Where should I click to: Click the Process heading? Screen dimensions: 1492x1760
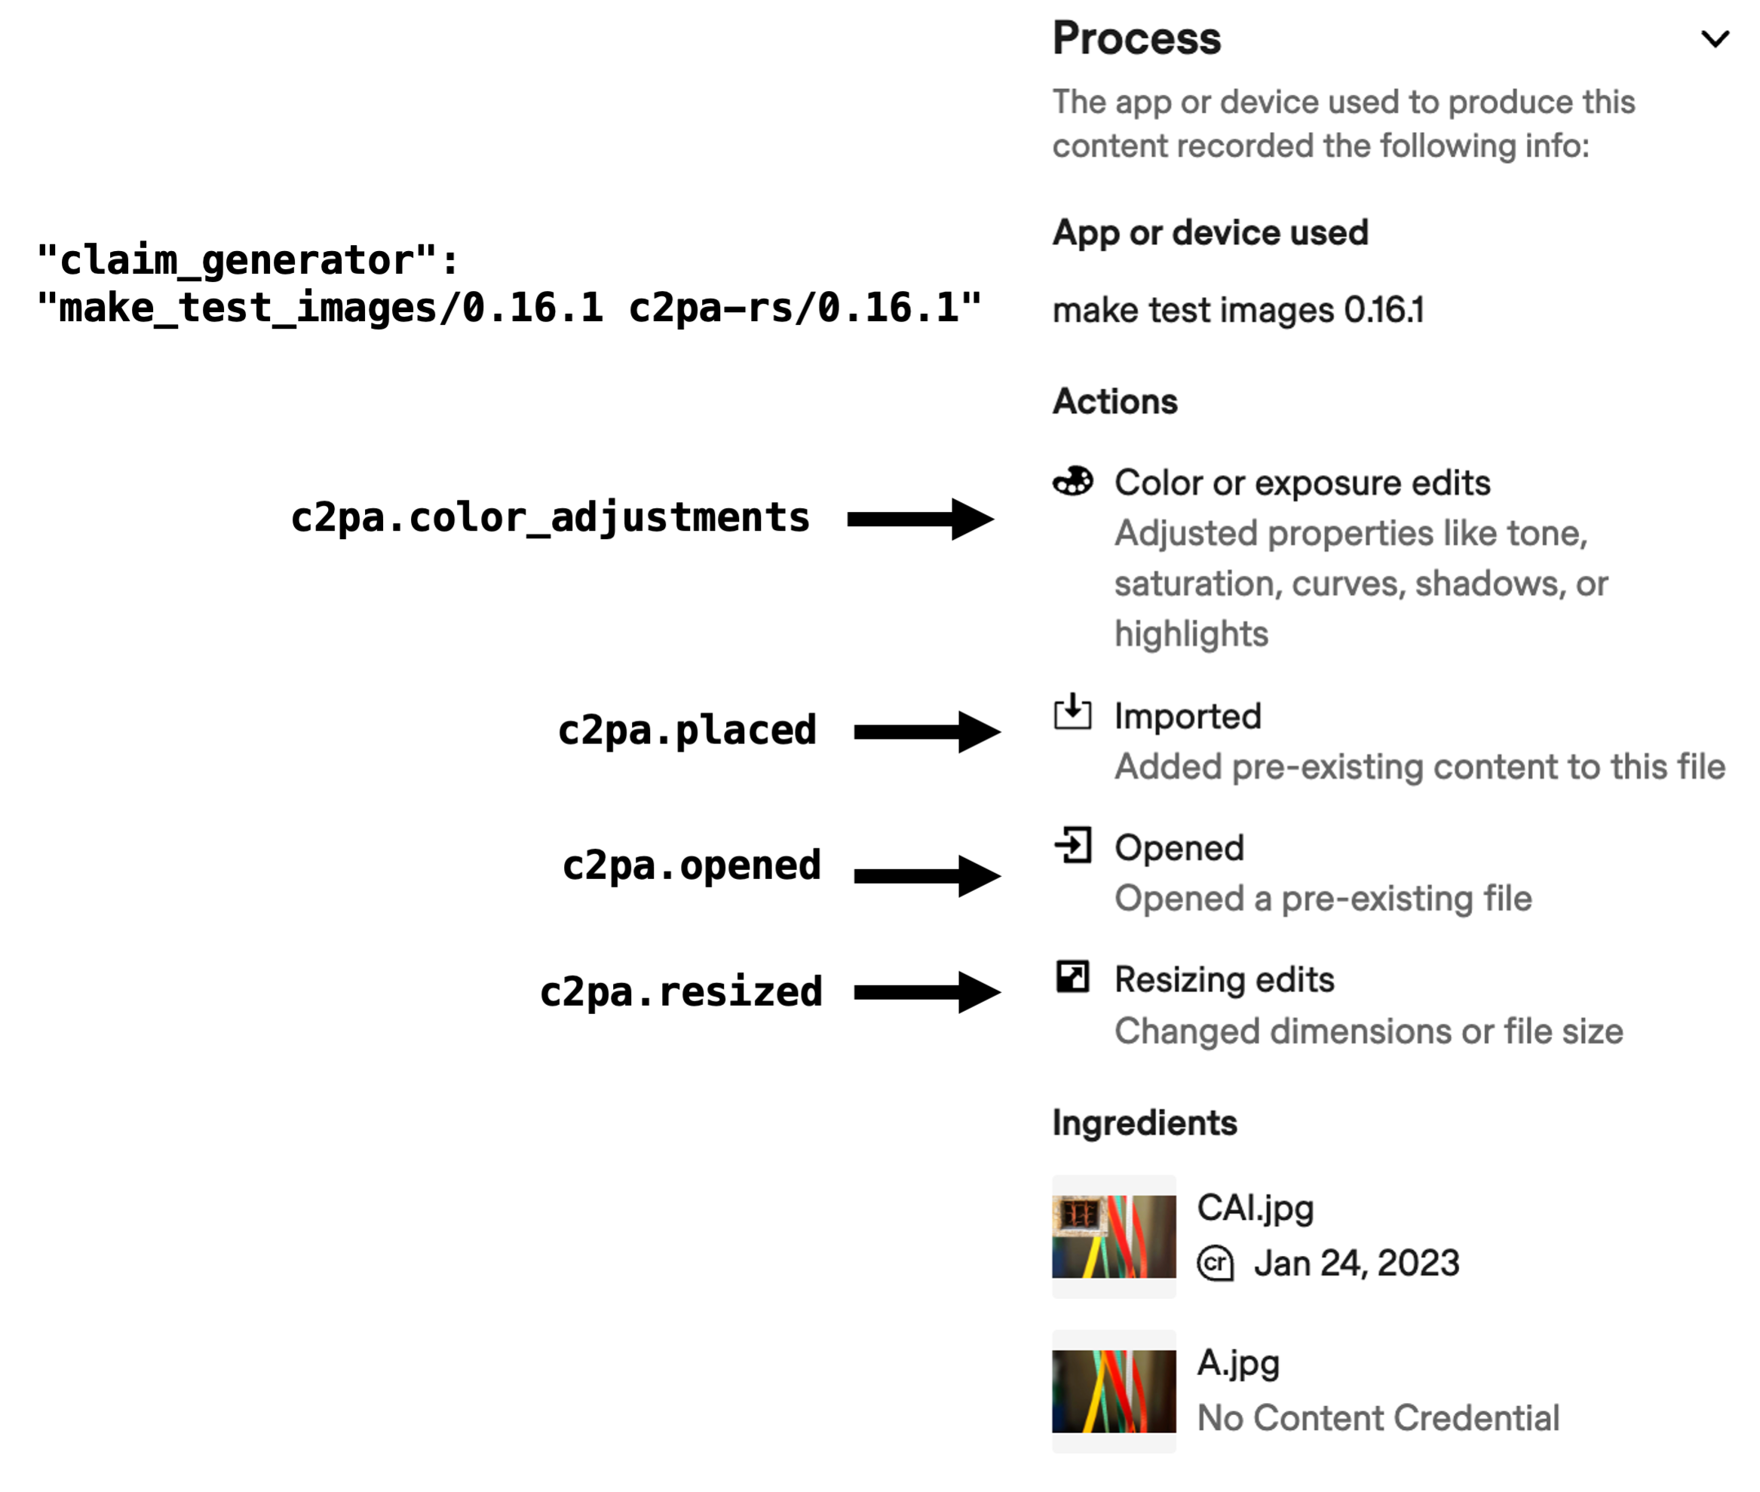point(1136,39)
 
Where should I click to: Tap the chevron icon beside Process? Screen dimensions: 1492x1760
point(1714,39)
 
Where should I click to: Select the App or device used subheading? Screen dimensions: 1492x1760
point(1210,233)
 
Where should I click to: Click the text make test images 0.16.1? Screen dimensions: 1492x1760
point(1237,311)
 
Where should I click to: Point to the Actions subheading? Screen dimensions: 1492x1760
point(1115,402)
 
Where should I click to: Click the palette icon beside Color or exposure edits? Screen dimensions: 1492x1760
point(1072,481)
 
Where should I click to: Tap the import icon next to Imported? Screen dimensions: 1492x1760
point(1072,712)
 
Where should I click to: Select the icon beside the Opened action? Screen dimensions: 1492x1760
point(1072,845)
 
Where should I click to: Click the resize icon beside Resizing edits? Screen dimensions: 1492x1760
point(1072,977)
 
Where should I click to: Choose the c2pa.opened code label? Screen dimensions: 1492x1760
point(691,865)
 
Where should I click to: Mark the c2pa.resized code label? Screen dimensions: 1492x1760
point(681,992)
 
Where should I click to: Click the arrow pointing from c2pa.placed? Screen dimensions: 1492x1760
point(926,731)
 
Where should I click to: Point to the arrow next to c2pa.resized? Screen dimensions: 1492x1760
point(926,992)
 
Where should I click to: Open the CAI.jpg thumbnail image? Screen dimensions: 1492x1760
point(1113,1236)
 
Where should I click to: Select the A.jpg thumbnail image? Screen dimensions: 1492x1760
point(1113,1390)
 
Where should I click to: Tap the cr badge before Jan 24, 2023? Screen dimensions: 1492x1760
point(1215,1264)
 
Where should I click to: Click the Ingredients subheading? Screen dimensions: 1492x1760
point(1144,1123)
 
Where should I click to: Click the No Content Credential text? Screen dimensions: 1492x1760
point(1378,1418)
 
